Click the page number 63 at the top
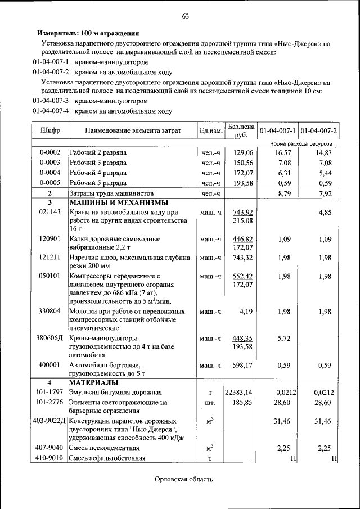coord(184,16)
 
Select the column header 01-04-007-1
coord(277,130)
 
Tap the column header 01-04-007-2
coord(318,130)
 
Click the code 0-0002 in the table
coord(49,152)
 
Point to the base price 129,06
coord(243,152)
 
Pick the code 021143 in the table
coord(49,213)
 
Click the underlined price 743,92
coord(243,212)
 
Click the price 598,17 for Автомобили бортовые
coord(243,366)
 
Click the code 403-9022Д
coord(49,421)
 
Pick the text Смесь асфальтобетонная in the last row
coord(107,458)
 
